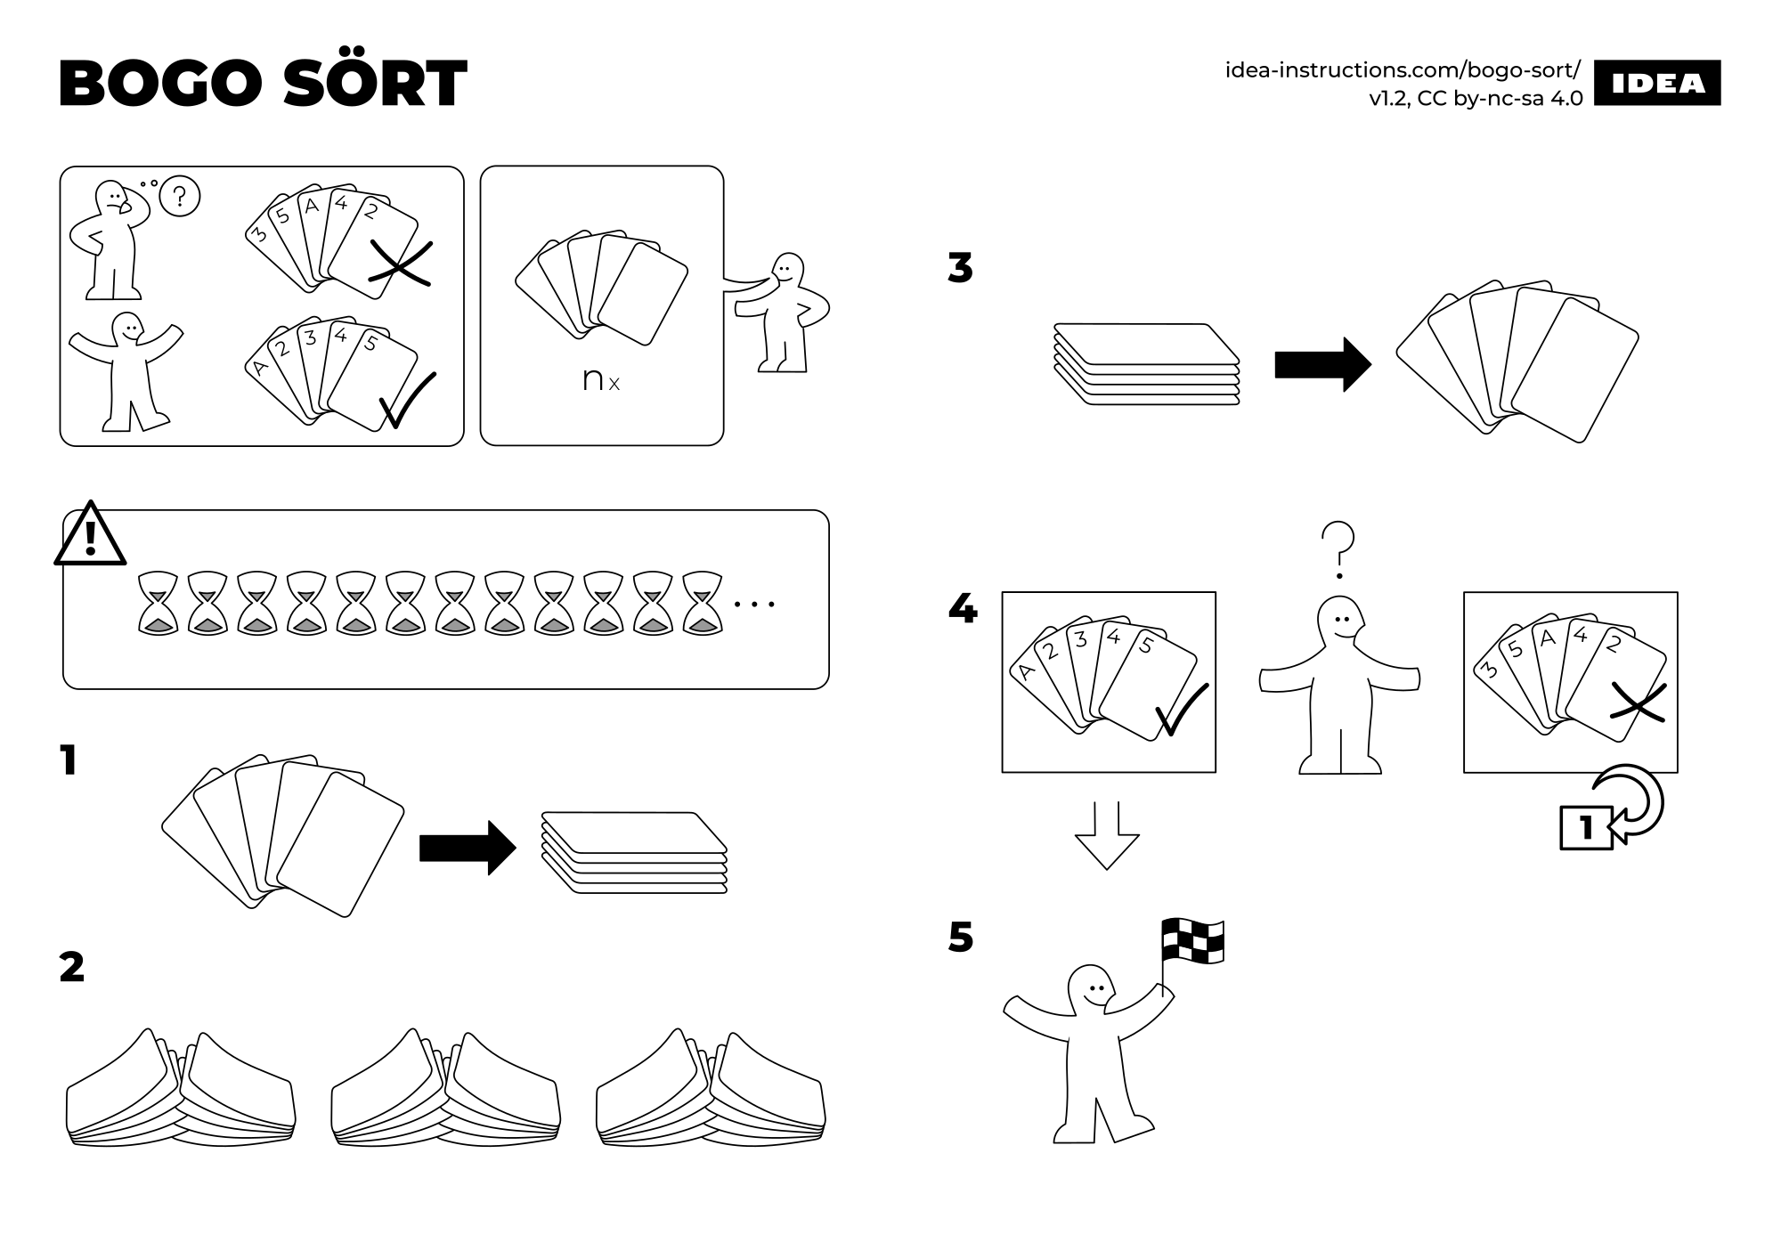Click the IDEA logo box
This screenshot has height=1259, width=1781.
click(1657, 83)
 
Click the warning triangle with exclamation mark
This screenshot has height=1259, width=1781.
click(90, 536)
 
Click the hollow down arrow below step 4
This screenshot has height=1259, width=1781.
click(1107, 834)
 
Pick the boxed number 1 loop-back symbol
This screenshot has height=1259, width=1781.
click(1586, 828)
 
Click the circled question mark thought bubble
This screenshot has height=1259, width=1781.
click(180, 197)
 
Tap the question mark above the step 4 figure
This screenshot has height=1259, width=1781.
click(1338, 546)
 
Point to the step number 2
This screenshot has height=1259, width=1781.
click(71, 967)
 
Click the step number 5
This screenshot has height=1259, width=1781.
click(961, 938)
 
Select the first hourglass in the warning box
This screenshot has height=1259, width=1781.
click(159, 603)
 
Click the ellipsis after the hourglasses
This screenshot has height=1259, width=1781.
click(754, 605)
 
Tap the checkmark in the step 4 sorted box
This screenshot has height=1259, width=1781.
click(1181, 710)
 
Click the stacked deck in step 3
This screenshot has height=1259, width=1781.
click(1146, 365)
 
